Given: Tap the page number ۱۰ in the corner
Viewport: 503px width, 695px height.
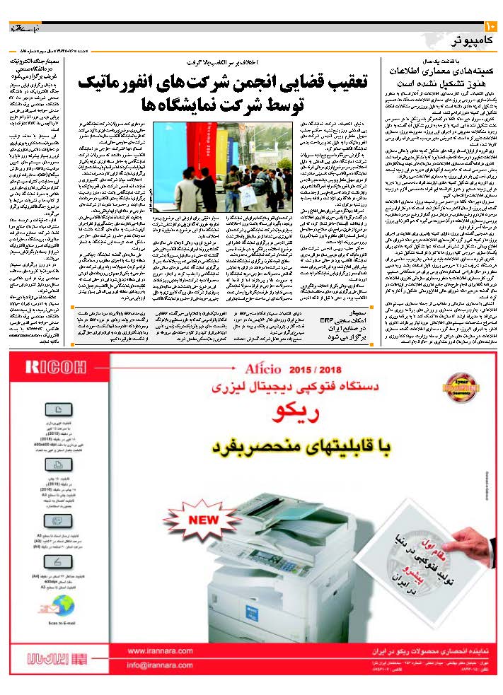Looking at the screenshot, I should tap(490, 26).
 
